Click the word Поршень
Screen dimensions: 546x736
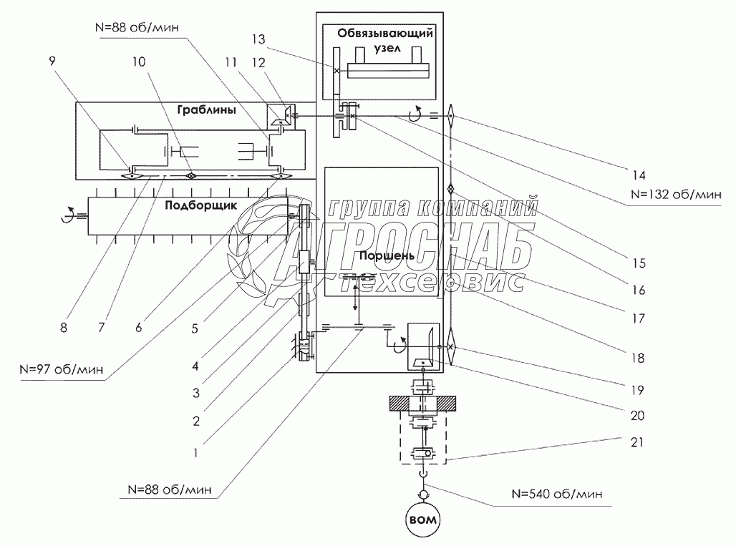coord(371,255)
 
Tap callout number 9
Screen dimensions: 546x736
coord(50,62)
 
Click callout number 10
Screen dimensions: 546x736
coord(138,62)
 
